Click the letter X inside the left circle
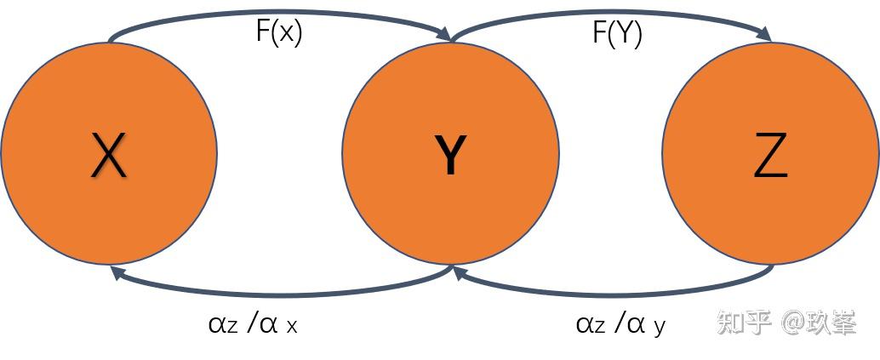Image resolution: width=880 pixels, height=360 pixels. (109, 156)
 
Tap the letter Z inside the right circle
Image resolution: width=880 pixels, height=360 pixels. (770, 156)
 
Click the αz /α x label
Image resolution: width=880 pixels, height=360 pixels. (252, 324)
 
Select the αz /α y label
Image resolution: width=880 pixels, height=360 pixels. (620, 324)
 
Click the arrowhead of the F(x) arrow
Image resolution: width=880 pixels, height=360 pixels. (444, 34)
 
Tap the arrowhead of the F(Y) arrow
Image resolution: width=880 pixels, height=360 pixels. (764, 34)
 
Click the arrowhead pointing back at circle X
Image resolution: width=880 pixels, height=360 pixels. (117, 273)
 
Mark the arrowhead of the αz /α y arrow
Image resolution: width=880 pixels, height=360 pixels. (460, 273)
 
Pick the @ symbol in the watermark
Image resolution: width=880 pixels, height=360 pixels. (789, 323)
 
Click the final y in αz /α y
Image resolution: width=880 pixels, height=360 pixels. (659, 328)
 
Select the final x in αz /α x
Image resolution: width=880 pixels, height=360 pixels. (291, 327)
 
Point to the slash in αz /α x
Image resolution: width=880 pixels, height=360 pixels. (252, 324)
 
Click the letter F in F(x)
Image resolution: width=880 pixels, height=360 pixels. (263, 31)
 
